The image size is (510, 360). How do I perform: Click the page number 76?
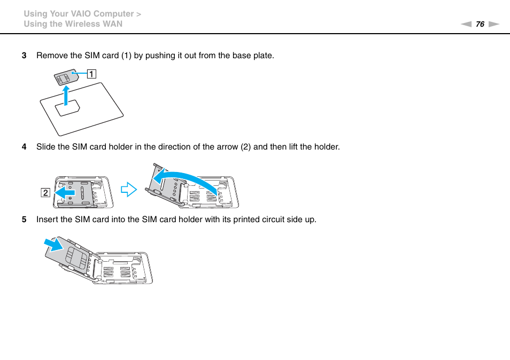(x=480, y=24)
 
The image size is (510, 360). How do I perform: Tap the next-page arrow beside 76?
(x=493, y=24)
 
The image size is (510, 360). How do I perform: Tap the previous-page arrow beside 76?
(x=466, y=24)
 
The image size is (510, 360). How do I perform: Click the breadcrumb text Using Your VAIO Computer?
(x=79, y=14)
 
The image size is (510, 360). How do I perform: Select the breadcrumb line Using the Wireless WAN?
(x=73, y=24)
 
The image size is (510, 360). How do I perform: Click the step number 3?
(x=24, y=56)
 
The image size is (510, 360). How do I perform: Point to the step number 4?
(x=24, y=147)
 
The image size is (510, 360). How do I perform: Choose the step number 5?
(x=24, y=220)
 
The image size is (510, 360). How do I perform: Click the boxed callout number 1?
(x=92, y=74)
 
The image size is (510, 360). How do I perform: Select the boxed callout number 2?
(x=46, y=192)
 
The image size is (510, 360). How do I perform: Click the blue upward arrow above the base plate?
(x=65, y=96)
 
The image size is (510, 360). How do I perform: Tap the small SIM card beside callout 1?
(x=65, y=77)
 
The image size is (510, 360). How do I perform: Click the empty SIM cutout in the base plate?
(x=68, y=108)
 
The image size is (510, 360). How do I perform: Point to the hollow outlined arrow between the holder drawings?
(x=129, y=189)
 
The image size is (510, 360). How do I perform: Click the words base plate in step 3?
(x=256, y=56)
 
